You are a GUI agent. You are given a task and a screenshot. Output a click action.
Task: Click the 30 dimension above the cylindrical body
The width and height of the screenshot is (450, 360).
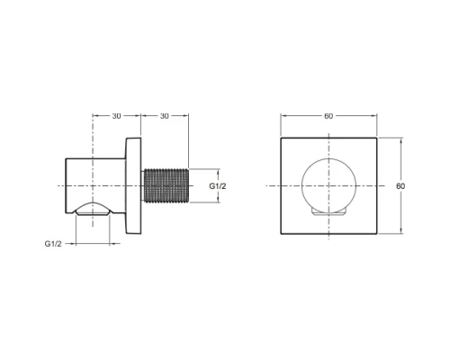(116, 116)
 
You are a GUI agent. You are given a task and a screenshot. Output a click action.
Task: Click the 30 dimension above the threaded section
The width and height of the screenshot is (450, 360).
(164, 116)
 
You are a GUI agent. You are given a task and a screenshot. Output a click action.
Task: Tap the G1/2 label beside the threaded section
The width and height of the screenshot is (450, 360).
(217, 185)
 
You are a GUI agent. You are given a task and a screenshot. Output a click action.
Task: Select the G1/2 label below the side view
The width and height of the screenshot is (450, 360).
(55, 244)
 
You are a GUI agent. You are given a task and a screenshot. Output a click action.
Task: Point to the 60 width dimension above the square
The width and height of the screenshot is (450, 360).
(328, 116)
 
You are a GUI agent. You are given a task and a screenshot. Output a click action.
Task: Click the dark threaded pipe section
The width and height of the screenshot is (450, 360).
(166, 184)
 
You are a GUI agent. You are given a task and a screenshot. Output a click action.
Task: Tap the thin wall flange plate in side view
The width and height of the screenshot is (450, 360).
(134, 184)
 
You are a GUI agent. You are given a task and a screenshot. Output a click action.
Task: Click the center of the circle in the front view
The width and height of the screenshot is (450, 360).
(328, 185)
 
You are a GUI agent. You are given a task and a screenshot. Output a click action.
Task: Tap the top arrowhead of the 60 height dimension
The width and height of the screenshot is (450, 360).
(389, 139)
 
